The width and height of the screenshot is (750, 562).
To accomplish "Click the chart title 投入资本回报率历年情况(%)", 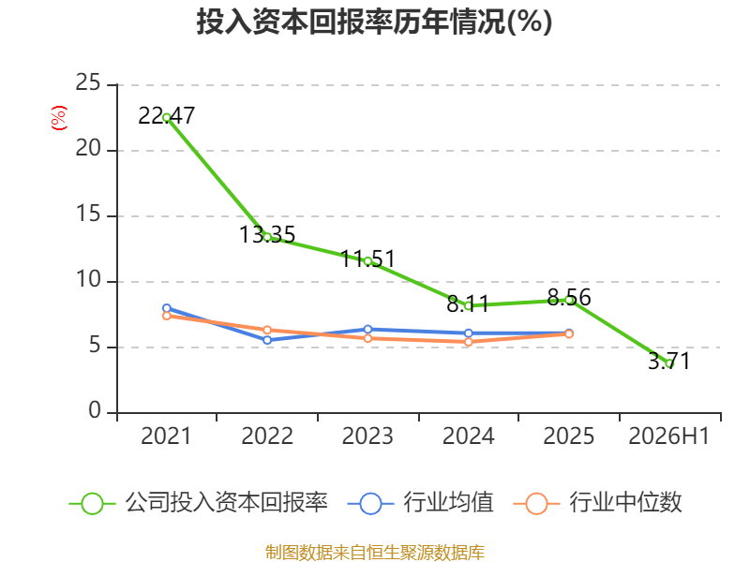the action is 374,22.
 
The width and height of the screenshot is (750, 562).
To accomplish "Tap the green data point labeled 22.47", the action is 167,118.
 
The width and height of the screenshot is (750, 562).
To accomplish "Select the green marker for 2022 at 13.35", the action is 267,237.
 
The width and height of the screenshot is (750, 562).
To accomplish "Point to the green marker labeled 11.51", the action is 367,261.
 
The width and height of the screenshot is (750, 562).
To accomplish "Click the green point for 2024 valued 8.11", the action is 468,306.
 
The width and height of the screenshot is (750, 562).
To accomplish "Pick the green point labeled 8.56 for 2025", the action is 569,300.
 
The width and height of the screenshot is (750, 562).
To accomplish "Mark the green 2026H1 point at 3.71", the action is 669,363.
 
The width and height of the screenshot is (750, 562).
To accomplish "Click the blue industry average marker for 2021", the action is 167,308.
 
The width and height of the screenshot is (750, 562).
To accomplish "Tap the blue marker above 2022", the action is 267,340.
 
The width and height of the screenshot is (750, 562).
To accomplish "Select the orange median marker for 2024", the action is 468,342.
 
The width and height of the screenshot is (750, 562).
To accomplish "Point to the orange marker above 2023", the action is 367,338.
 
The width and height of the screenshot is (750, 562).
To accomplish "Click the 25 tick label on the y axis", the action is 88,82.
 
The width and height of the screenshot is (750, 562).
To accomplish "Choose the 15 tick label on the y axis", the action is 88,214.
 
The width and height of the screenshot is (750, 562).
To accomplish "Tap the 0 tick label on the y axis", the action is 95,410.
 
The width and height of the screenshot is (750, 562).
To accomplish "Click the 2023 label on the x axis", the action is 367,436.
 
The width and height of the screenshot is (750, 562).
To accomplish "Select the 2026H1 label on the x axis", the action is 669,436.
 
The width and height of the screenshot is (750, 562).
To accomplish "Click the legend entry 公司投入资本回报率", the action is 199,503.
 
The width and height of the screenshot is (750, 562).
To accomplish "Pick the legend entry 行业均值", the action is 420,503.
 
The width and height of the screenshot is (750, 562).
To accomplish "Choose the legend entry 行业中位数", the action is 597,503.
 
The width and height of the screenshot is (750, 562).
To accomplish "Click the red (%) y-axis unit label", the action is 59,118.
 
